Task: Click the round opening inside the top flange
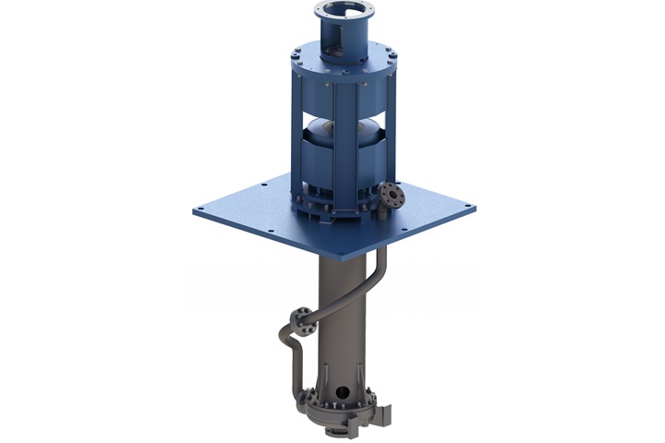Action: coord(347,17)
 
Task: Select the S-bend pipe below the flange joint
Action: coord(289,354)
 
